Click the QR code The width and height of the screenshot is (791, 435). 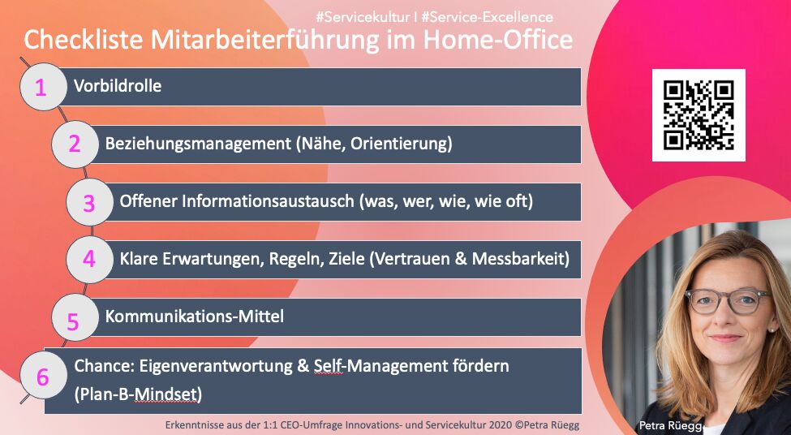click(699, 115)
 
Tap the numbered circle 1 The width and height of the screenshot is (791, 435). click(42, 87)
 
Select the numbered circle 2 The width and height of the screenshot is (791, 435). click(75, 144)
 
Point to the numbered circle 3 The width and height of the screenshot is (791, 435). click(89, 202)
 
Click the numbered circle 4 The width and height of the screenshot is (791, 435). click(89, 260)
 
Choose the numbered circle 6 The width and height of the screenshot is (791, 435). click(42, 376)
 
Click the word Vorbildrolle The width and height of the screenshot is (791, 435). click(118, 86)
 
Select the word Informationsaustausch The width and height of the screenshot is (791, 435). click(268, 201)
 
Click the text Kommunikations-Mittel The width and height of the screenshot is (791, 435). click(194, 317)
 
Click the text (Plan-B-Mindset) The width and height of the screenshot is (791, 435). click(138, 394)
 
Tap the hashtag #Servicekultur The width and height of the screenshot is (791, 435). click(362, 17)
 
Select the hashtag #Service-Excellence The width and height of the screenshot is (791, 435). click(488, 17)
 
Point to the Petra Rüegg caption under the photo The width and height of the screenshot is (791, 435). click(671, 426)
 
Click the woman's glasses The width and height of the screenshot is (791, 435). click(728, 300)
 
